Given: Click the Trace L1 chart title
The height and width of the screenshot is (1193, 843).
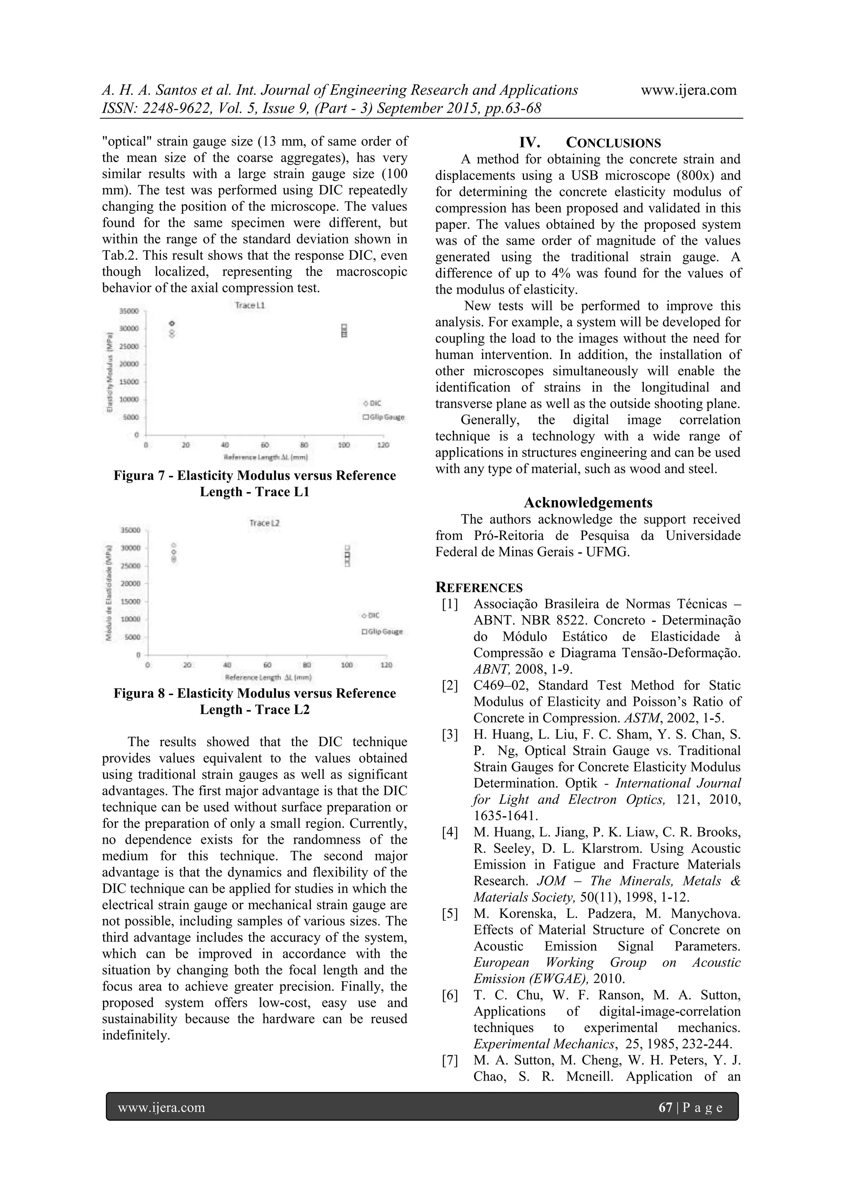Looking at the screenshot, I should point(250,305).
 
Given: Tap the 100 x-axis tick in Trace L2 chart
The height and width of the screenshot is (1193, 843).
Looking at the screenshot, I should point(347,665).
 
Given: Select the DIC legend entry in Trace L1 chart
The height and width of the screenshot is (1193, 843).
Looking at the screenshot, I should point(373,403).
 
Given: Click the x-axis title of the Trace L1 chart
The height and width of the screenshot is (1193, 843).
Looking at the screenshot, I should point(265,457).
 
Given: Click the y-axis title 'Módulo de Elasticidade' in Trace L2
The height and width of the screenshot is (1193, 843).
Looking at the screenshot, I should point(109,592).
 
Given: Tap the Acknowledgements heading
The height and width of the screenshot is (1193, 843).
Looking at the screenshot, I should point(588,502).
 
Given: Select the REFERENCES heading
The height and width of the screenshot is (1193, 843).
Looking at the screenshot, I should point(479,588).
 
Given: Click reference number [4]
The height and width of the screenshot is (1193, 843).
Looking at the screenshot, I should point(450,832).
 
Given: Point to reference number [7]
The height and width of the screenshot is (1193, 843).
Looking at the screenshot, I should point(450,1060).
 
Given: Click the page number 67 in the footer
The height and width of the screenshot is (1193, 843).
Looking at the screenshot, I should point(665,1107).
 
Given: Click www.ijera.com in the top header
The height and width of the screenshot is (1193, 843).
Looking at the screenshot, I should point(688,90).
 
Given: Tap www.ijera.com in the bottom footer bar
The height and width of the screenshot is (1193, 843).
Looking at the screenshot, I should point(161,1107).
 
